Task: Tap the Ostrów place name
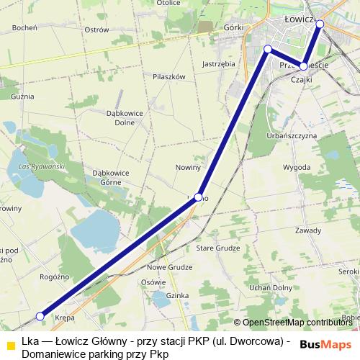pyautogui.click(x=96, y=30)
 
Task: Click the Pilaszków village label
pyautogui.click(x=169, y=76)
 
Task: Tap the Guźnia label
pyautogui.click(x=22, y=96)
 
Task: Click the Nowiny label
pyautogui.click(x=188, y=167)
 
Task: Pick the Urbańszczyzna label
pyautogui.click(x=292, y=135)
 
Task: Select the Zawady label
pyautogui.click(x=307, y=230)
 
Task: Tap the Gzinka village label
pyautogui.click(x=177, y=295)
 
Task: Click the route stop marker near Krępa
pyautogui.click(x=41, y=316)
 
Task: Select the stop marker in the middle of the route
pyautogui.click(x=198, y=196)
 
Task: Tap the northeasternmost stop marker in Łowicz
pyautogui.click(x=320, y=24)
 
